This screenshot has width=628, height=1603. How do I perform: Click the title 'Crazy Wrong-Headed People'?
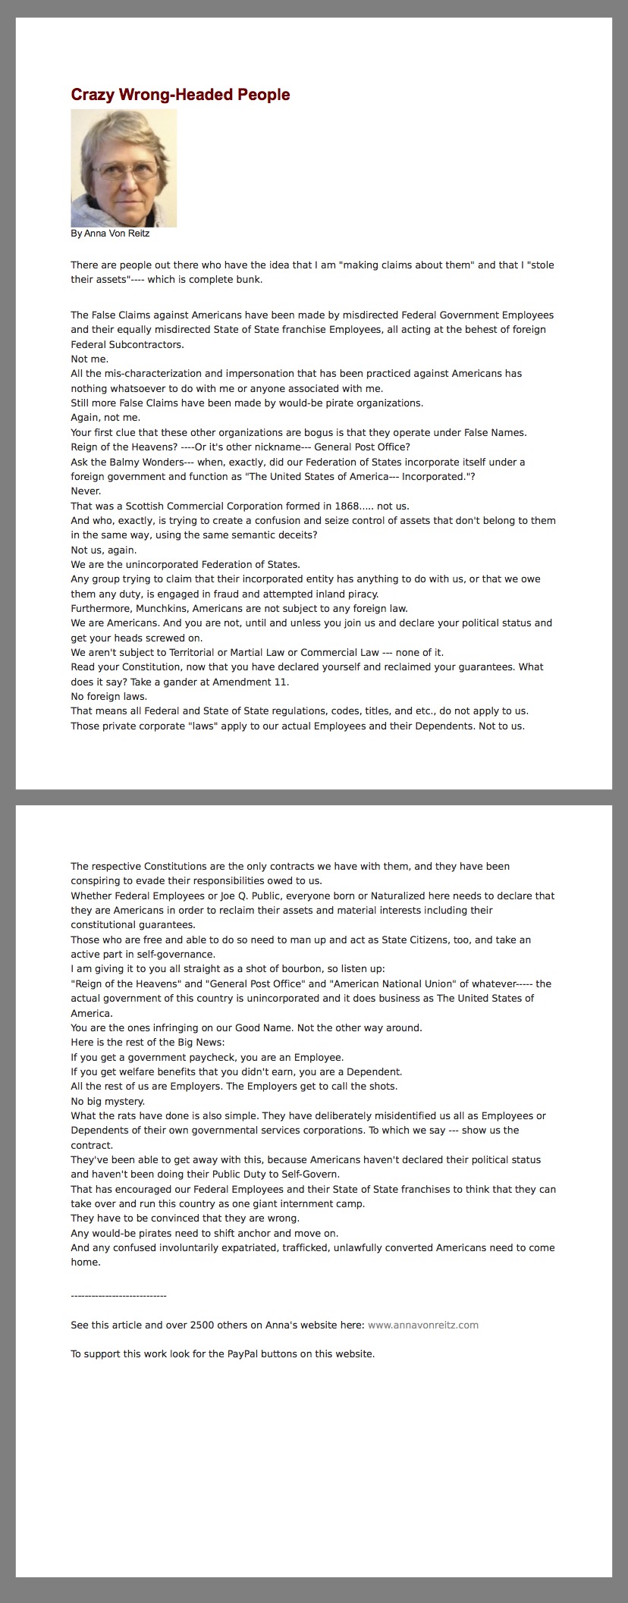[x=181, y=95]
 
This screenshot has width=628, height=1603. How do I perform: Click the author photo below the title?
[x=124, y=168]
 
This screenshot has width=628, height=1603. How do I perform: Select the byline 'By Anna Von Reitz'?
[x=110, y=234]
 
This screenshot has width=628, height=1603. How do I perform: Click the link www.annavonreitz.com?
[x=423, y=1325]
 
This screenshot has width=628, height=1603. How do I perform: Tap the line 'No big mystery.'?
[x=108, y=1101]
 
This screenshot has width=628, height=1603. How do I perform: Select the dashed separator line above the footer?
[x=118, y=1296]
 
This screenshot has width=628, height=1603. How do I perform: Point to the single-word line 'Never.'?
[x=86, y=491]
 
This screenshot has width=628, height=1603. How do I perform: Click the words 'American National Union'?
[x=394, y=983]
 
